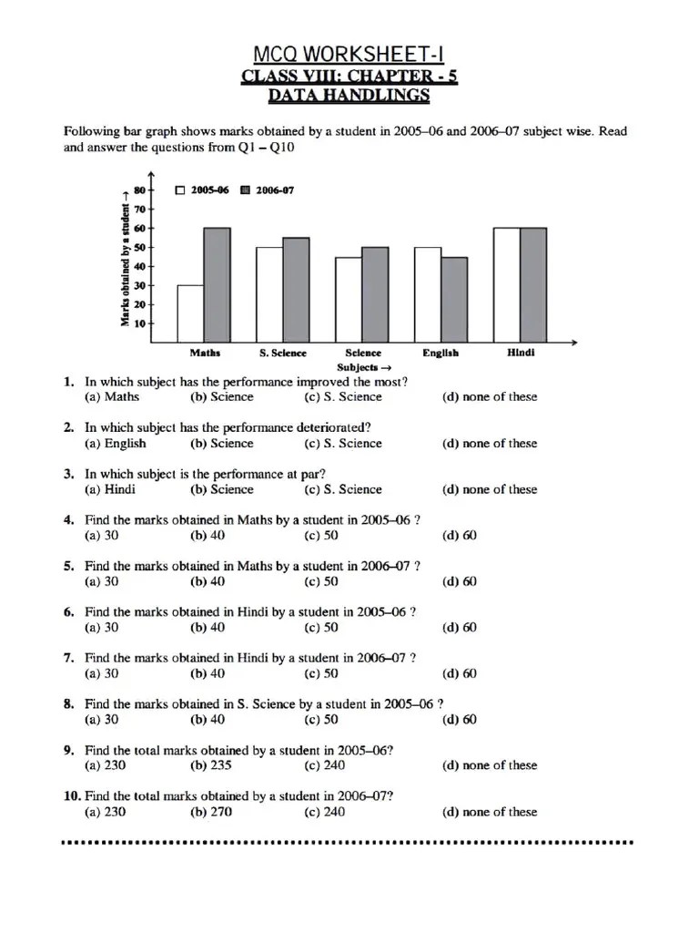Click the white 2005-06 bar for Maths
click(x=190, y=313)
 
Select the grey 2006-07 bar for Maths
click(x=217, y=285)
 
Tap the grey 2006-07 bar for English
click(x=454, y=300)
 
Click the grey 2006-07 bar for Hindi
click(x=533, y=285)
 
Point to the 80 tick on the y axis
click(x=139, y=190)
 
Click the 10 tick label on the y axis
click(x=139, y=323)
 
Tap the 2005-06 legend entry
click(x=202, y=190)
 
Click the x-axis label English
click(x=441, y=354)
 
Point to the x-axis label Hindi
click(x=521, y=354)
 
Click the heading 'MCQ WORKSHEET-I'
click(x=349, y=56)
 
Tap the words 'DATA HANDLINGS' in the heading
click(x=349, y=96)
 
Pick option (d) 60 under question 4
click(x=459, y=536)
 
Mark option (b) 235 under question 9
click(x=212, y=766)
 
